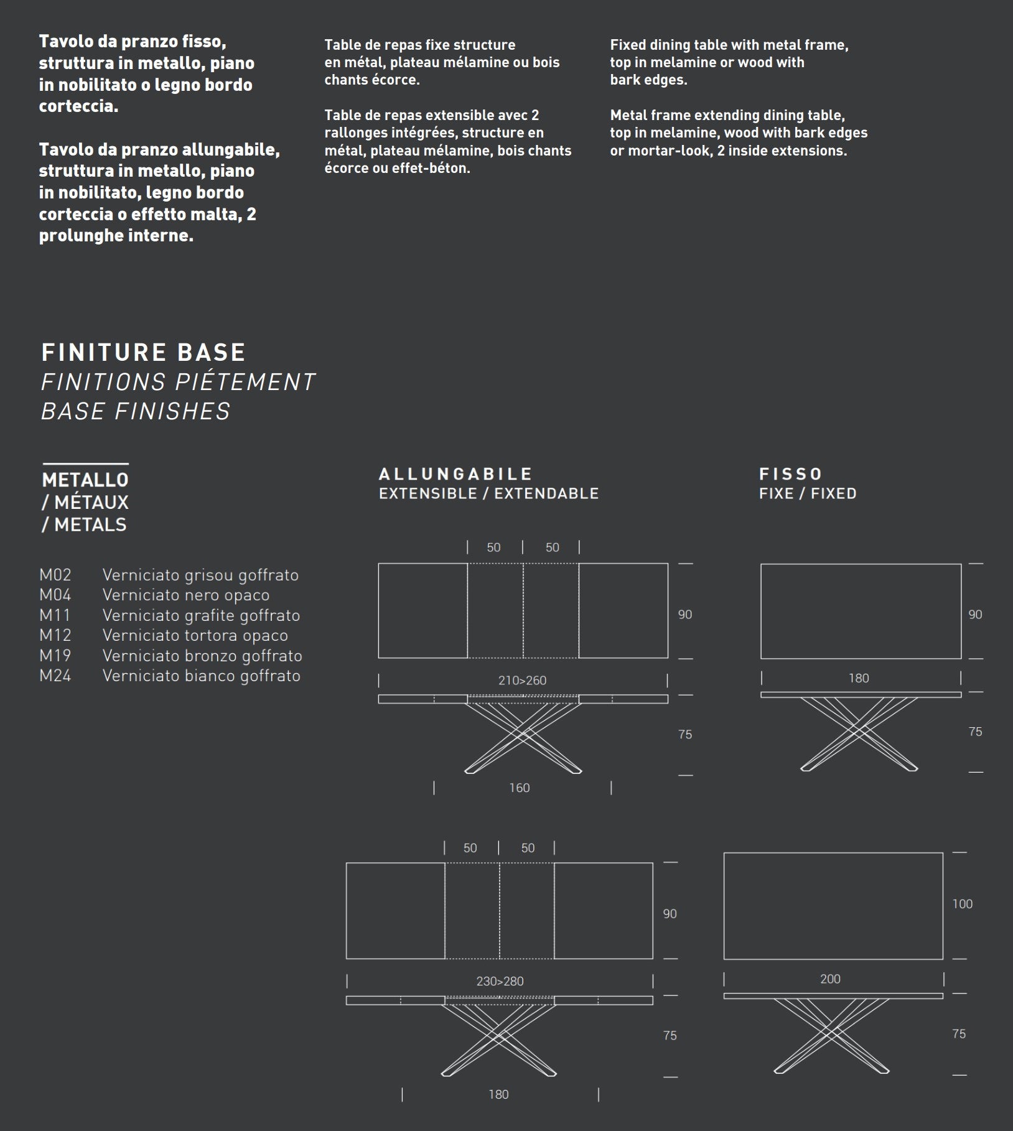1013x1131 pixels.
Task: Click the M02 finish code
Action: tap(55, 575)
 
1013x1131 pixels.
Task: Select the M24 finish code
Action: tap(55, 676)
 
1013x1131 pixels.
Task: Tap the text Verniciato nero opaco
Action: tap(185, 595)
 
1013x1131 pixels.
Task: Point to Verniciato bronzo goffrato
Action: tap(202, 656)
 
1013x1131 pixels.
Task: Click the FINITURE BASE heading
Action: tap(143, 353)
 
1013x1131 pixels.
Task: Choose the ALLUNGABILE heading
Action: tap(455, 474)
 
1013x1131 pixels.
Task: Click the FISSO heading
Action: tap(790, 474)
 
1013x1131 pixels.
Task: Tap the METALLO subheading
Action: tap(85, 480)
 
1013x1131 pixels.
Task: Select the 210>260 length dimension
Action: tap(522, 681)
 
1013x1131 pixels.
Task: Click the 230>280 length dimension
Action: tap(500, 981)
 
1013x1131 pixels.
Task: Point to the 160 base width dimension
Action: tap(520, 788)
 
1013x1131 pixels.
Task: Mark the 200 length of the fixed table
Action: tap(830, 979)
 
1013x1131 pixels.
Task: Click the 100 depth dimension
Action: tap(962, 904)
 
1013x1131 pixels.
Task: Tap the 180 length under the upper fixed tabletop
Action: tap(859, 679)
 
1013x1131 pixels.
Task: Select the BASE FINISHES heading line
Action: tap(136, 411)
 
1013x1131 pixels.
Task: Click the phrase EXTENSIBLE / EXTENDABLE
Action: tap(488, 494)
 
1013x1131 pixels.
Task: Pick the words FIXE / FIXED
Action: tap(808, 494)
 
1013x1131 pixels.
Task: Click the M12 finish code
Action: tap(55, 635)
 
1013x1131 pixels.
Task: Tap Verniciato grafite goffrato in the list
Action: tap(201, 615)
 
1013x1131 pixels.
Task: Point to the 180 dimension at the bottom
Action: tap(498, 1094)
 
